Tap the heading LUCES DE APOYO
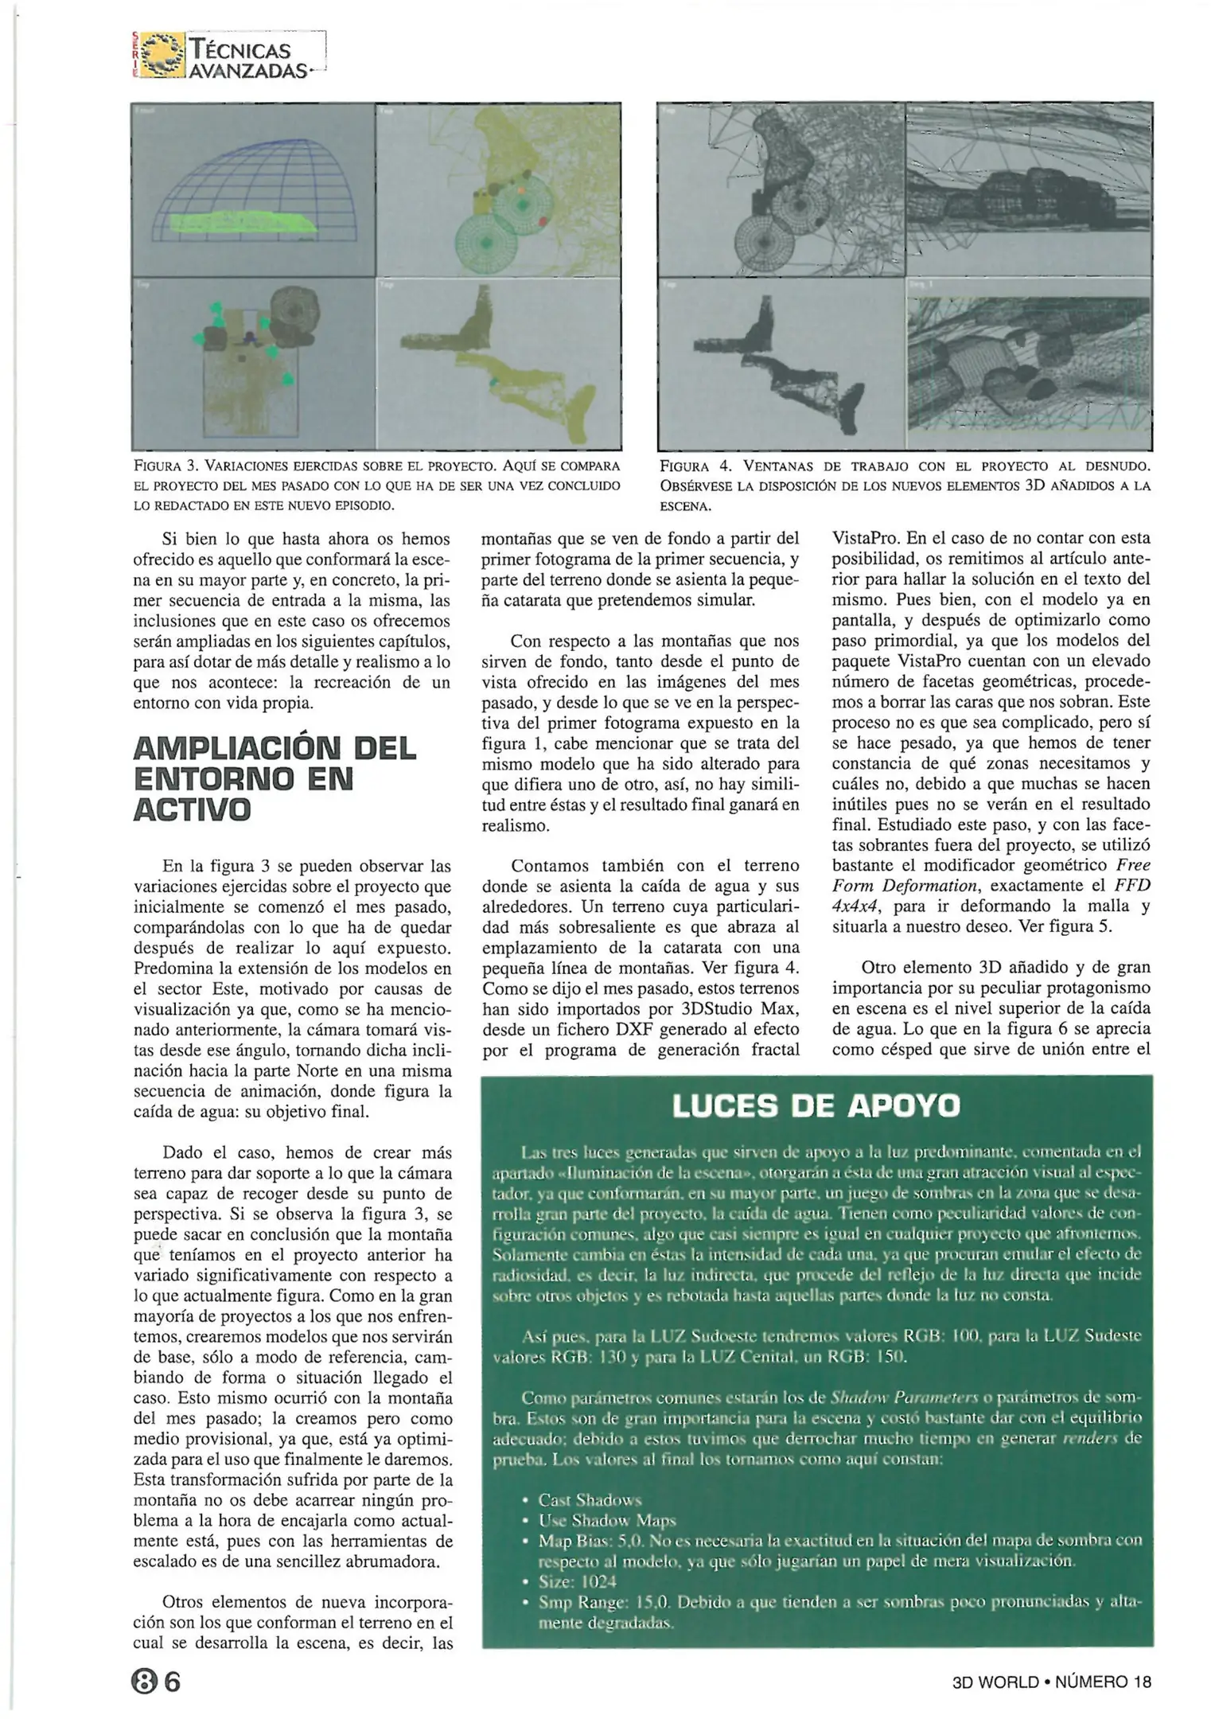pyautogui.click(x=816, y=1105)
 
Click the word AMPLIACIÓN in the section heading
pyautogui.click(x=239, y=748)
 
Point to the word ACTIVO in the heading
pyautogui.click(x=192, y=809)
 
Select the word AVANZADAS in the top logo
pyautogui.click(x=248, y=70)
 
